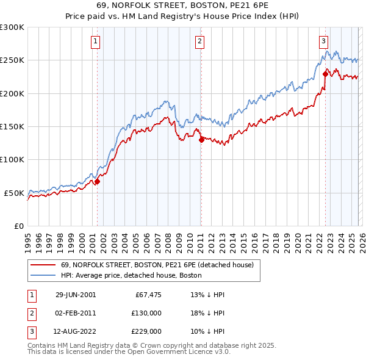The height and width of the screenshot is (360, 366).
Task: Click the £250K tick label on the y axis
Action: click(x=12, y=60)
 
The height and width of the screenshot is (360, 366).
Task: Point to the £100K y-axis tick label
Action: click(x=12, y=159)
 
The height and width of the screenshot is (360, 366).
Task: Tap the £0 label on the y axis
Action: click(x=19, y=226)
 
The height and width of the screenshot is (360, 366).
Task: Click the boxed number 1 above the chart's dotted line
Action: click(x=96, y=41)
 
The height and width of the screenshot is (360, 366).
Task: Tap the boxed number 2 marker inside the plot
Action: click(x=200, y=41)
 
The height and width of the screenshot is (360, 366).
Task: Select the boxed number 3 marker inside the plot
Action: click(x=324, y=41)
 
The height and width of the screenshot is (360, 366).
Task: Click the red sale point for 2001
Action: click(x=97, y=181)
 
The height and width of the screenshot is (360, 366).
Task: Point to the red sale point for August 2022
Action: click(x=325, y=74)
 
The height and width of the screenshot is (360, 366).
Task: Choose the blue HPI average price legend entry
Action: click(x=131, y=275)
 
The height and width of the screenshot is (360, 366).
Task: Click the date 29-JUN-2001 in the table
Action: click(x=76, y=294)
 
